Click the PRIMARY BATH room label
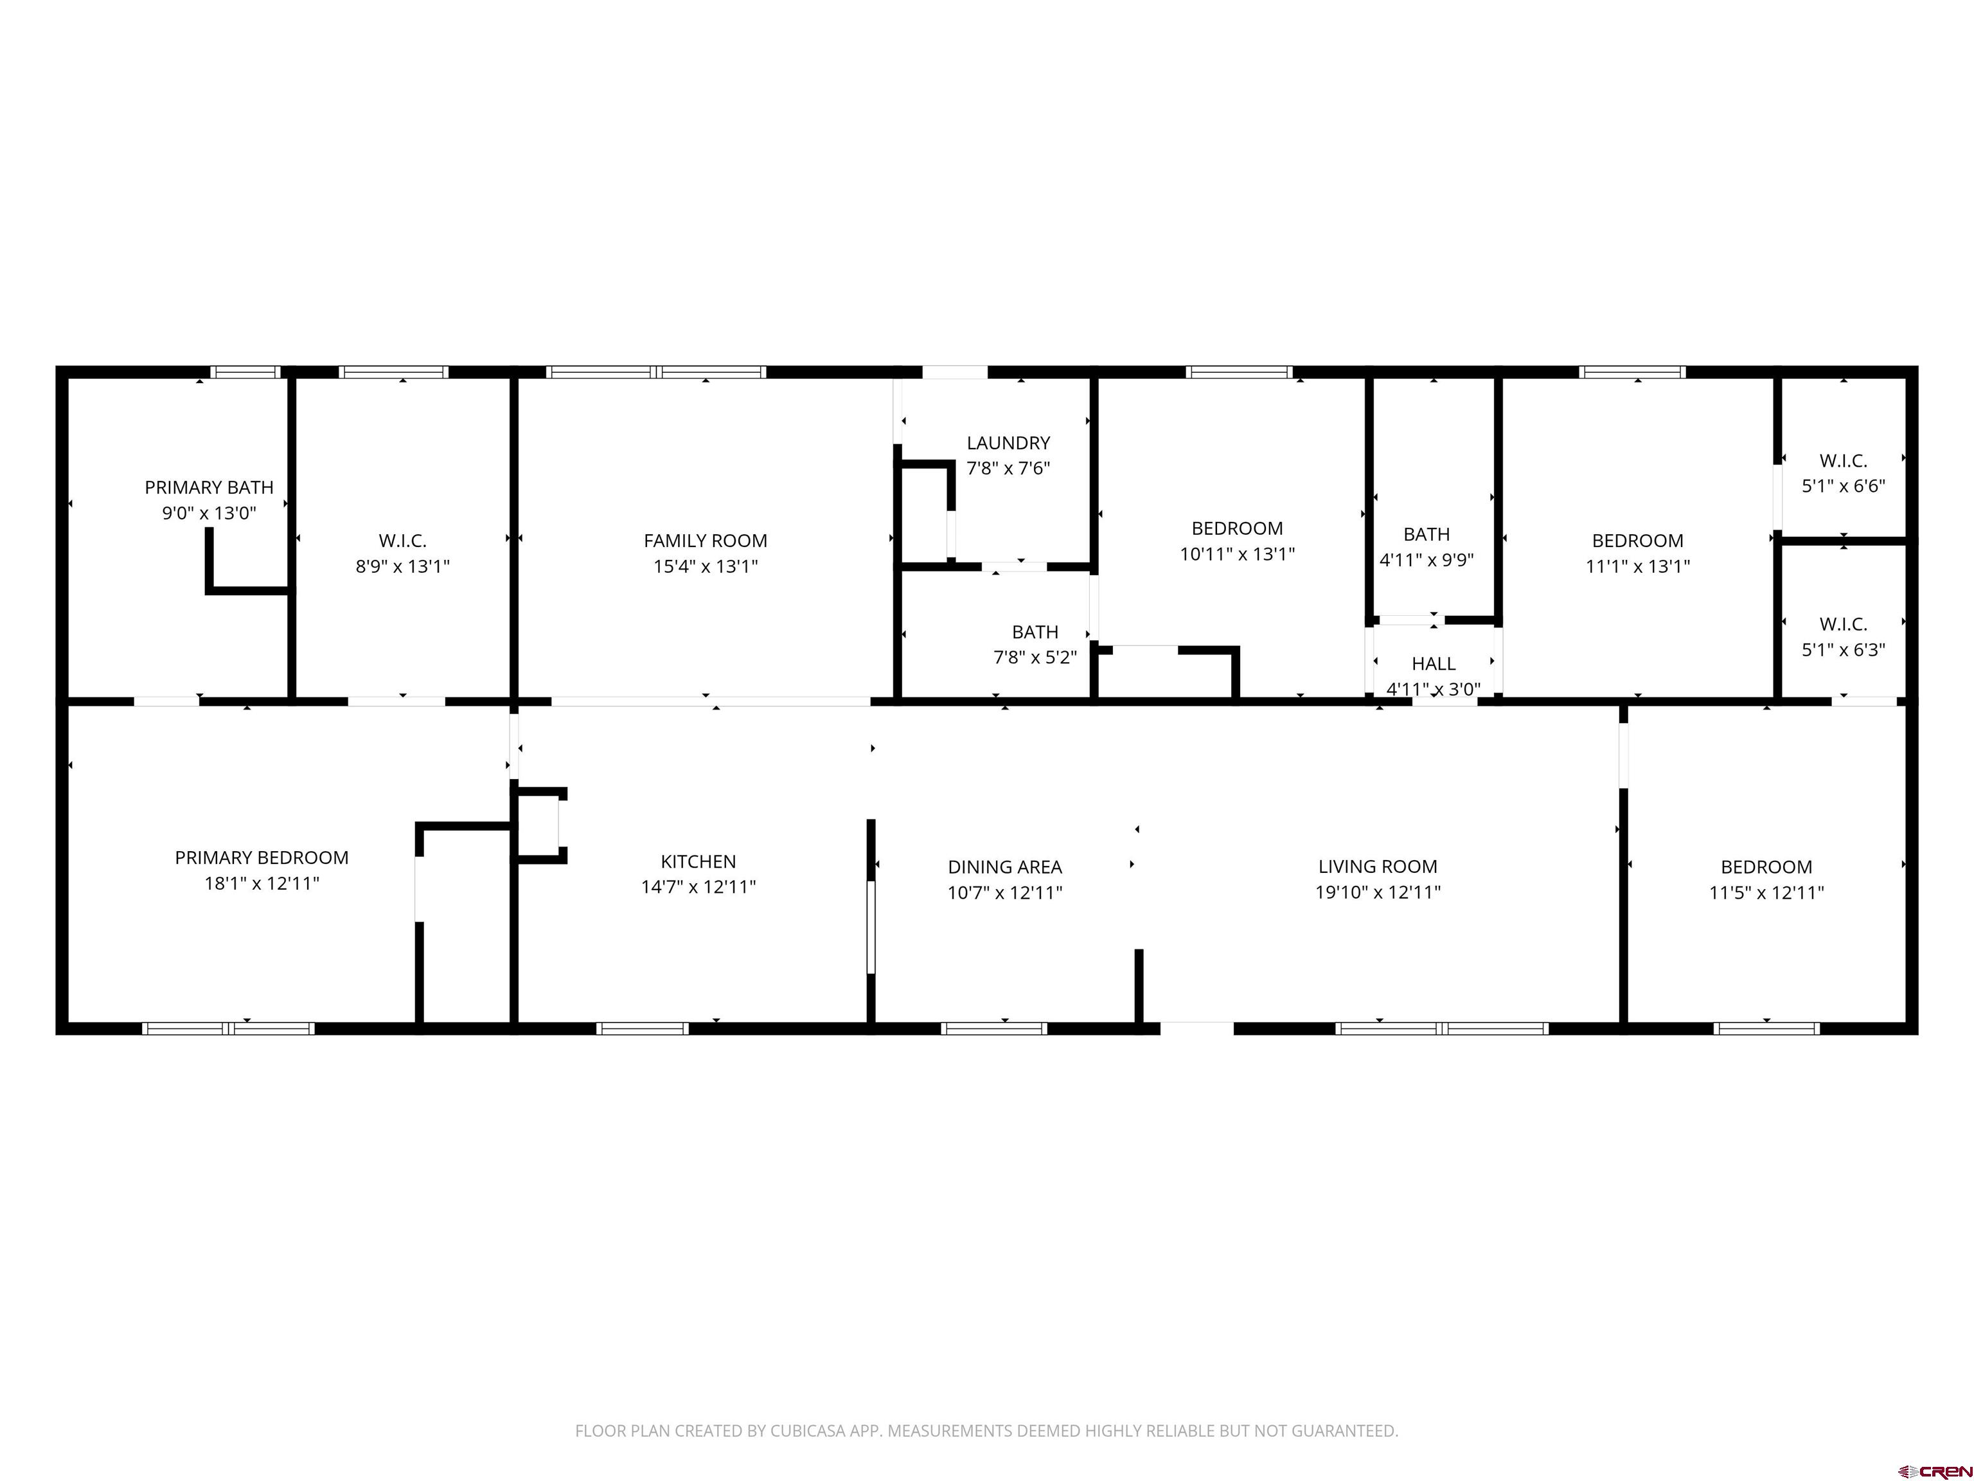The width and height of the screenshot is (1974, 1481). pyautogui.click(x=209, y=487)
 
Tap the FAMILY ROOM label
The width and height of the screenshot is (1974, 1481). pyautogui.click(x=705, y=541)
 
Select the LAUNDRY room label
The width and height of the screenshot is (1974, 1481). pyautogui.click(x=1008, y=443)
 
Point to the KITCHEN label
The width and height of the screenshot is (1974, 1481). pyautogui.click(x=698, y=861)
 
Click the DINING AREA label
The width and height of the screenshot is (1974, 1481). pyautogui.click(x=1005, y=867)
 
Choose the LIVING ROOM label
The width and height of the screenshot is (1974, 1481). pyautogui.click(x=1378, y=867)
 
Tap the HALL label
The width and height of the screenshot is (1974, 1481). pyautogui.click(x=1433, y=664)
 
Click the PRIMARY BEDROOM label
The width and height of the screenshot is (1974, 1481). pyautogui.click(x=262, y=858)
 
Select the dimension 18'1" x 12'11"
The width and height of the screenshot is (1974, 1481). pyautogui.click(x=262, y=884)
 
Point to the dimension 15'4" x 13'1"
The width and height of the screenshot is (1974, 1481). pyautogui.click(x=705, y=566)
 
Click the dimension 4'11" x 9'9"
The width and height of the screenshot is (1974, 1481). pyautogui.click(x=1426, y=561)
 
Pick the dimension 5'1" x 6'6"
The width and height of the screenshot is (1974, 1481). pyautogui.click(x=1843, y=487)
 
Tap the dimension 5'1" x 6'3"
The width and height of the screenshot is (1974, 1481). pyautogui.click(x=1843, y=650)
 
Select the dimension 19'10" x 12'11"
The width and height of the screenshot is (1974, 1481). pyautogui.click(x=1378, y=892)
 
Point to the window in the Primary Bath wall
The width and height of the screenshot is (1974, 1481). pyautogui.click(x=245, y=372)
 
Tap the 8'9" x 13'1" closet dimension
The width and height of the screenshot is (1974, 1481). pyautogui.click(x=402, y=566)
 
